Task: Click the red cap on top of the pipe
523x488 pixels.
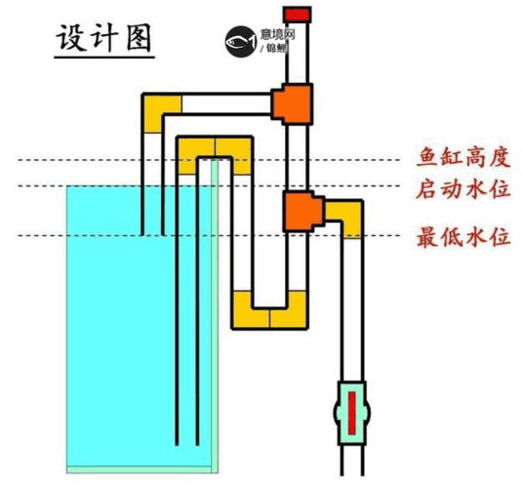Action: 295,15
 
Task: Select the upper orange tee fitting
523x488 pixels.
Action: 292,101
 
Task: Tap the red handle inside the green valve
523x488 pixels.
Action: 351,407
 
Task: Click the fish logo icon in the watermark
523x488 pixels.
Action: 239,41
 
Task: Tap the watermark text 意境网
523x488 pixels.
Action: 274,35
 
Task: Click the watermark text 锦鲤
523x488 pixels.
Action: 276,49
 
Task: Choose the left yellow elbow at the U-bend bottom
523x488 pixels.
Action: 251,314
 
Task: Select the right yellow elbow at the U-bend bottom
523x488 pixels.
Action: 290,314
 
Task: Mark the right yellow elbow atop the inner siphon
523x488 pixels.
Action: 234,147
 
